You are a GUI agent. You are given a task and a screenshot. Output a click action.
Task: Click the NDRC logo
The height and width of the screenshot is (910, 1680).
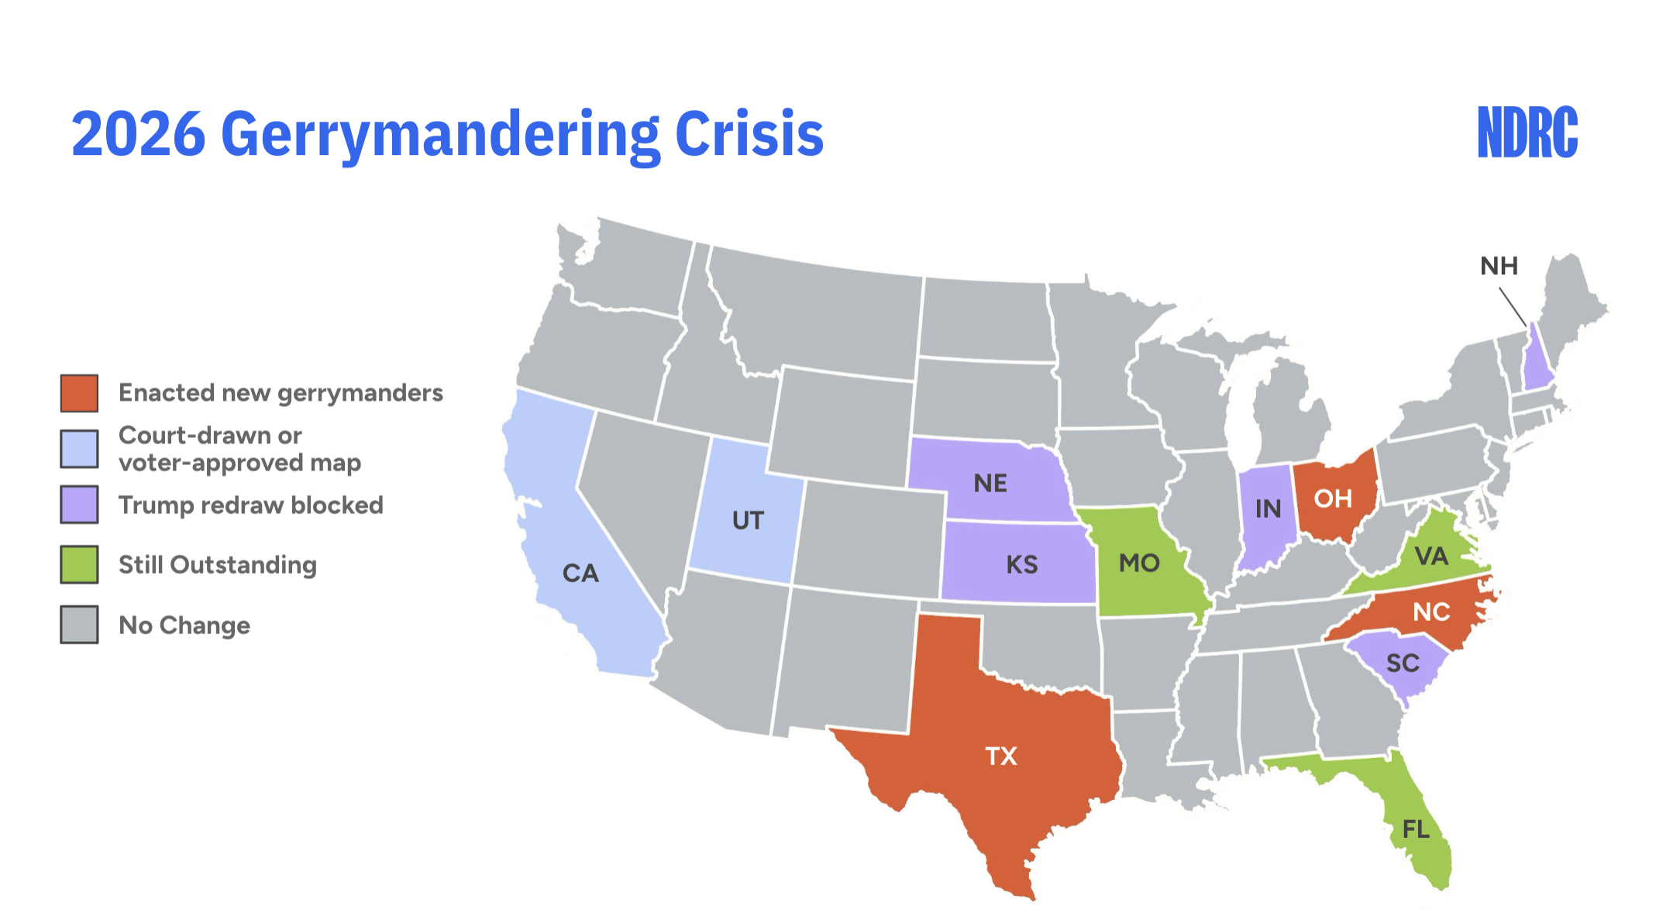pos(1527,133)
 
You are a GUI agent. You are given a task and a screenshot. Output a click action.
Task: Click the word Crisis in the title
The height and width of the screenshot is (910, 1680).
pos(749,134)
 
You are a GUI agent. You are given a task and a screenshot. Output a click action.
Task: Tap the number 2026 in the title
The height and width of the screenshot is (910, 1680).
pos(139,134)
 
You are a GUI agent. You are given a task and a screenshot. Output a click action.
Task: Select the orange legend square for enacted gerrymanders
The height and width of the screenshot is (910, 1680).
pos(79,393)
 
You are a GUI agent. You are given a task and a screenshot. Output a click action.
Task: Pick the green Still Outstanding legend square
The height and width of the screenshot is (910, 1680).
pos(79,564)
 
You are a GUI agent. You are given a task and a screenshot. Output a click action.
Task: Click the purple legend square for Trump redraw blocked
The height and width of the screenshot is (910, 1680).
pos(79,505)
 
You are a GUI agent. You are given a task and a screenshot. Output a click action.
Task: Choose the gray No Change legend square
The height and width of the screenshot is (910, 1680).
pos(79,625)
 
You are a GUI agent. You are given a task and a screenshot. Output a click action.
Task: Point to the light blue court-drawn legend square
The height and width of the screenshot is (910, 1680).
pos(79,449)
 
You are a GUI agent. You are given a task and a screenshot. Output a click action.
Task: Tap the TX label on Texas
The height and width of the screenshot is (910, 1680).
pos(1000,756)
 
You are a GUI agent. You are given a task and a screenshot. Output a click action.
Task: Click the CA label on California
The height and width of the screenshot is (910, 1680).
pos(580,574)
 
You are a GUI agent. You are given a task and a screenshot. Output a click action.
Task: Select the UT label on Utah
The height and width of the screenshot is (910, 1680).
pos(748,520)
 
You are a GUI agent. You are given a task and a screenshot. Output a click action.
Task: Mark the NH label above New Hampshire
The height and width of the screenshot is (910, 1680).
pos(1499,267)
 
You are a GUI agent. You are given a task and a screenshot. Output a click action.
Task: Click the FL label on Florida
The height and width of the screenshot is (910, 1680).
pos(1416,829)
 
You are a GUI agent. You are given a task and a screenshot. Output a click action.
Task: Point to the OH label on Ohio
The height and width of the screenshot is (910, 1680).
pos(1333,498)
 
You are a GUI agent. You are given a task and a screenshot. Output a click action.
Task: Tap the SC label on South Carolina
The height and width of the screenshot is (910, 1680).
pos(1403,664)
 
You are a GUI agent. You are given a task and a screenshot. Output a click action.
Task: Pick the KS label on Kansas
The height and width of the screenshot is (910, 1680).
pos(1021,564)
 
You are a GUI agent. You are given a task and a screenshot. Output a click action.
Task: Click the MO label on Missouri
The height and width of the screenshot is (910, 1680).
pos(1139,563)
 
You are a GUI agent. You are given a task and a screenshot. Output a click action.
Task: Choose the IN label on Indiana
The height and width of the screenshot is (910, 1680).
pos(1268,508)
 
